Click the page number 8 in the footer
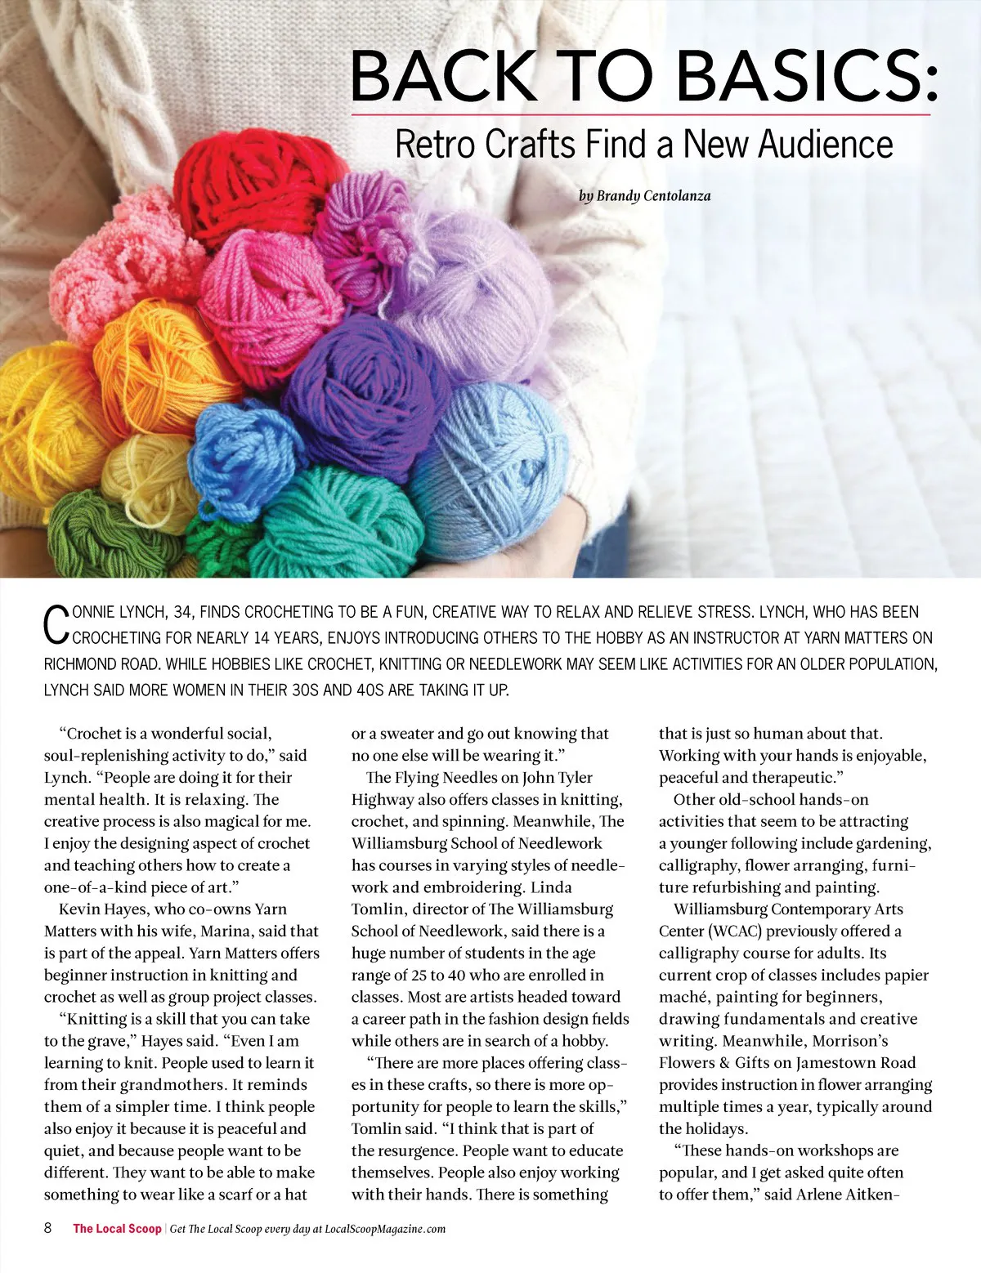point(48,1228)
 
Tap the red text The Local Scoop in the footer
point(117,1229)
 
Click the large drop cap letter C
point(53,624)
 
